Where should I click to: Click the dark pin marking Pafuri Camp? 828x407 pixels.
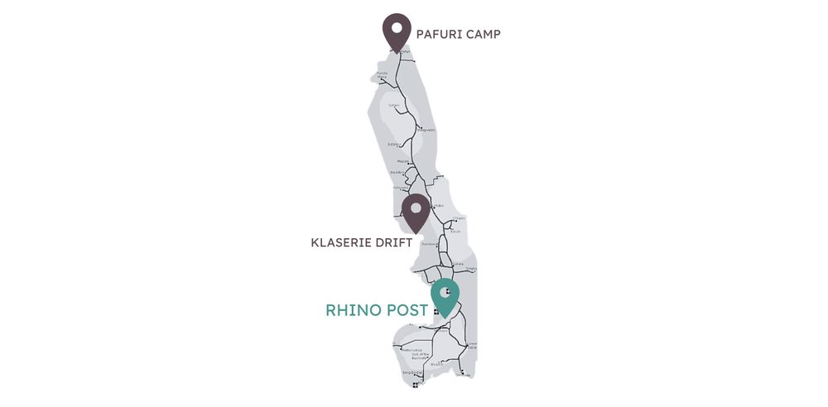(x=397, y=32)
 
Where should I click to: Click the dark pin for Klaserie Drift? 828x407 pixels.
(x=414, y=212)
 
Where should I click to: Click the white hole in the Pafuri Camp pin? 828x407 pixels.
(x=397, y=27)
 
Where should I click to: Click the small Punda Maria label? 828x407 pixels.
(x=382, y=75)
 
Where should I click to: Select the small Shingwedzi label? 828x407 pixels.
(x=426, y=130)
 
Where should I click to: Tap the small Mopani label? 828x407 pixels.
(x=404, y=161)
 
